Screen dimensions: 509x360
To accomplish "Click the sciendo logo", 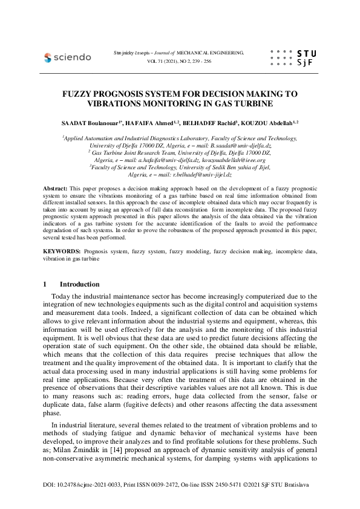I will (x=67, y=57).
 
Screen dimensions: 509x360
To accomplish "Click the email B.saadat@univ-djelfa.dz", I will (x=242, y=146).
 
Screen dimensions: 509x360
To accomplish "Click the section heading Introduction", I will (x=80, y=284).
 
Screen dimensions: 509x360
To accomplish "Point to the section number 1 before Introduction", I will (x=45, y=284).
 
